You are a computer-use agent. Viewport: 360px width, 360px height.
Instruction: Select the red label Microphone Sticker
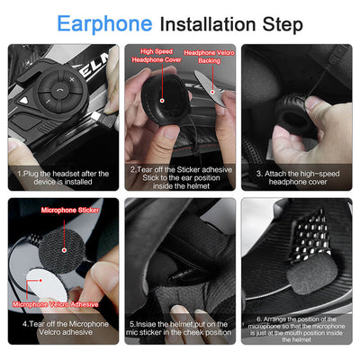(x=68, y=210)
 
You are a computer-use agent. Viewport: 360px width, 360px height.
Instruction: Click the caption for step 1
(x=62, y=178)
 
